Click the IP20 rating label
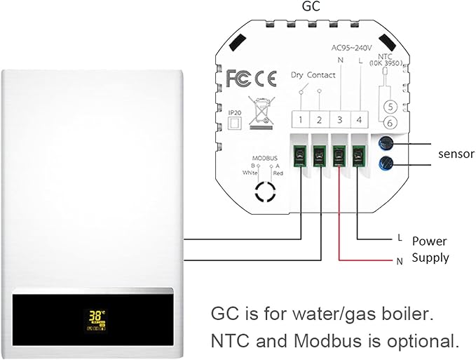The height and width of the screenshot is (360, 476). [x=235, y=110]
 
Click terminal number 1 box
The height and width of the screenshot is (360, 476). [x=299, y=119]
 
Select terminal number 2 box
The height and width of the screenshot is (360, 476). [x=319, y=119]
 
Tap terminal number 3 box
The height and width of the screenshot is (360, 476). [x=339, y=119]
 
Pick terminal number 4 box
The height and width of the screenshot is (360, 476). [x=358, y=119]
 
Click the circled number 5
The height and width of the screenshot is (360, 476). [x=392, y=107]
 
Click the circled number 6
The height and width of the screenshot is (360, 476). [x=392, y=123]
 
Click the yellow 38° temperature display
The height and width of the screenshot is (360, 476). [x=94, y=317]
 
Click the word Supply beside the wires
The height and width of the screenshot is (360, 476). [x=430, y=258]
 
